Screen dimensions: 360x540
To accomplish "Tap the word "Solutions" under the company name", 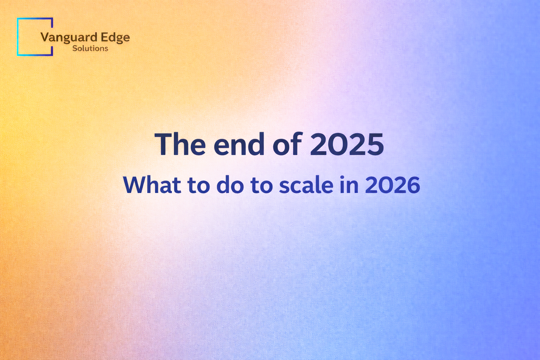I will pos(90,49).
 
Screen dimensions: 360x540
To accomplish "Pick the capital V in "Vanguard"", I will pos(45,38).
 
